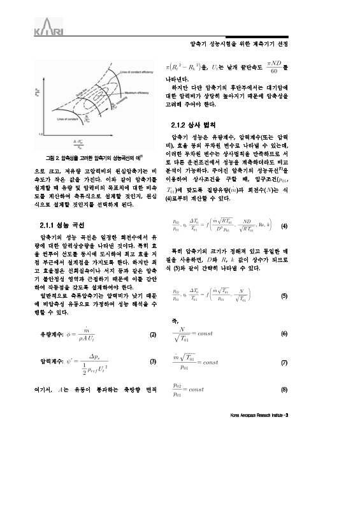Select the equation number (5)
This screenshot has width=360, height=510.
pyautogui.click(x=284, y=296)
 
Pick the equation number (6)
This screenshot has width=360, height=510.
pyautogui.click(x=284, y=335)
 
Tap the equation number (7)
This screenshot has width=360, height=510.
pyautogui.click(x=284, y=361)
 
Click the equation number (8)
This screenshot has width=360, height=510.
pyautogui.click(x=284, y=389)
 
